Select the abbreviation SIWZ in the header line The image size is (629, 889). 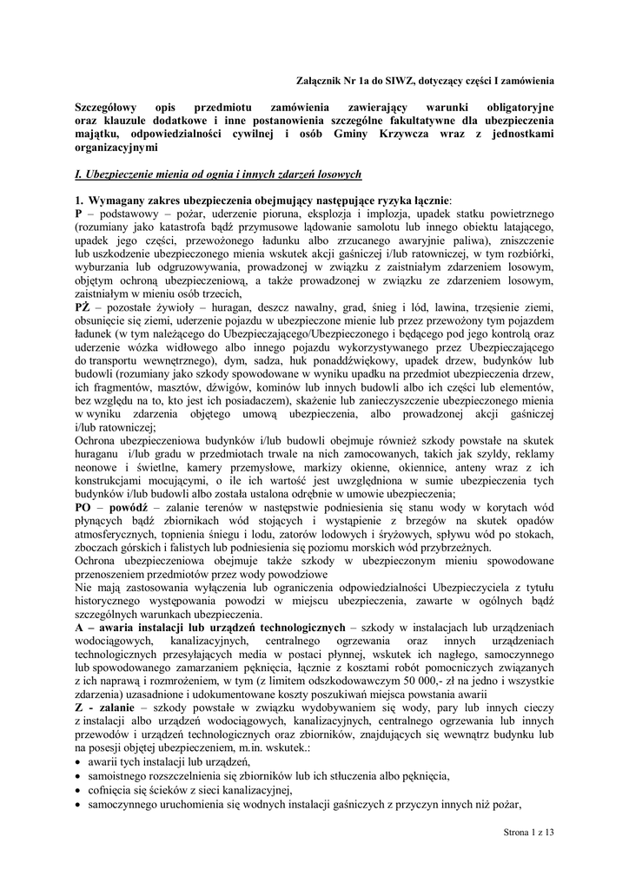[414, 80]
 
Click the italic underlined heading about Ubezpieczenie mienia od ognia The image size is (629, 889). [217, 175]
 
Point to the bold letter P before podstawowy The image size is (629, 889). [78, 213]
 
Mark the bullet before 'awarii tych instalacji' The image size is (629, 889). [79, 761]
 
